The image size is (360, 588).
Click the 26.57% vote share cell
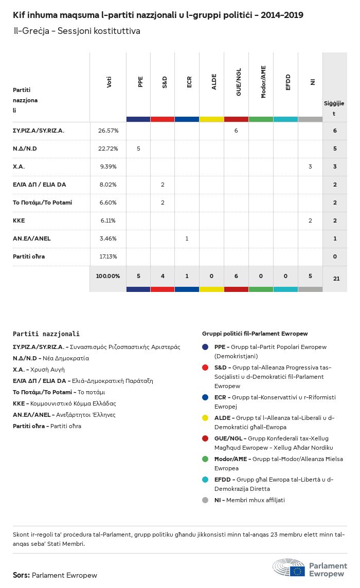(108, 131)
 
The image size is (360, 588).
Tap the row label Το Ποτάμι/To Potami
(42, 203)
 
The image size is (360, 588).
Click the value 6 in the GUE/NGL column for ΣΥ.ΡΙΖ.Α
(236, 131)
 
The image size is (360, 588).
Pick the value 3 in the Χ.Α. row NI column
(310, 167)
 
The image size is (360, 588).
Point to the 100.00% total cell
(108, 276)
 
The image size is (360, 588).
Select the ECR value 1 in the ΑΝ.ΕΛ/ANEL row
(187, 238)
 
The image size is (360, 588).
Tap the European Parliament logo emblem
(290, 568)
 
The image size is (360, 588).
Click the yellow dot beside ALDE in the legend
(205, 418)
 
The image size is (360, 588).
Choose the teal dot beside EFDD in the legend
(205, 480)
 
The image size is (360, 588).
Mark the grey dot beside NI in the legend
(205, 500)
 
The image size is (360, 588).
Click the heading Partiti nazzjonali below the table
(46, 334)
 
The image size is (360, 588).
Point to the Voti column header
(109, 82)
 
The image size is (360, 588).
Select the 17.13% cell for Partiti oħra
(108, 256)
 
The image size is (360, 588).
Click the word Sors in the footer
(21, 575)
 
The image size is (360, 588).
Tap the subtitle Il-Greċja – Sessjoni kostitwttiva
(77, 31)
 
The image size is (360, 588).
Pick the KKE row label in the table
(19, 220)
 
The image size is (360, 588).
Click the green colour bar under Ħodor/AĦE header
(261, 119)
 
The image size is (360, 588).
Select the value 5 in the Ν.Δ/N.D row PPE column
(138, 149)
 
